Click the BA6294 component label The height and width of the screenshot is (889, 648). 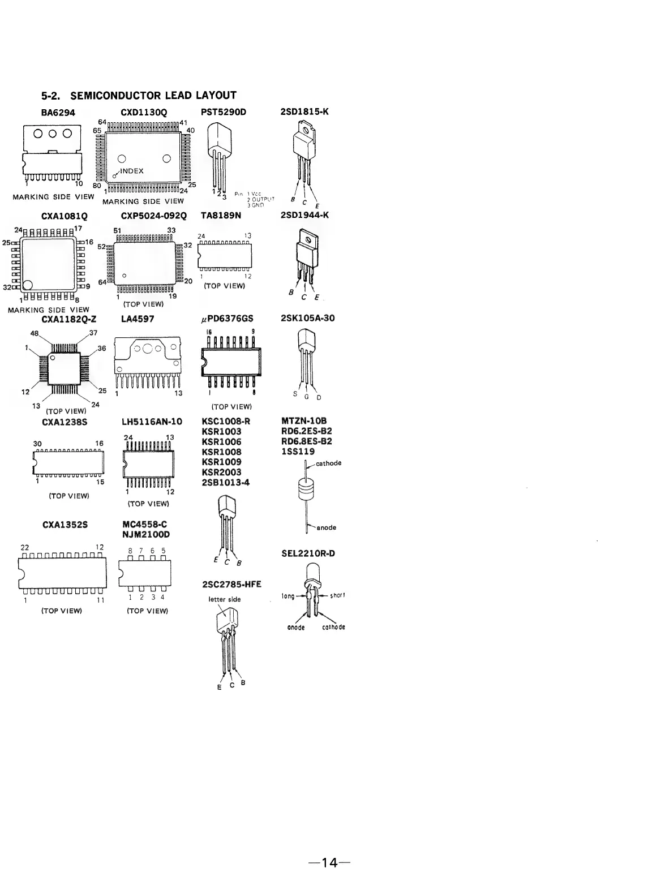(x=58, y=112)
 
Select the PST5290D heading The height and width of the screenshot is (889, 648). (x=224, y=111)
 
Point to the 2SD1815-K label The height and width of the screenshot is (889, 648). (x=304, y=111)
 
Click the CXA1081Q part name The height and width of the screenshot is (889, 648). (x=65, y=216)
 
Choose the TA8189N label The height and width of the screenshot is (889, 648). (x=221, y=216)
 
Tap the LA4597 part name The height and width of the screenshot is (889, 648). (x=138, y=319)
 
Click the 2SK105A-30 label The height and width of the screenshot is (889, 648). (x=307, y=318)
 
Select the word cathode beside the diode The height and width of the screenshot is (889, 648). (x=328, y=463)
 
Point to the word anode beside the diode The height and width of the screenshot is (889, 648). (x=327, y=527)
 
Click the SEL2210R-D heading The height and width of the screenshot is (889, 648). (x=308, y=553)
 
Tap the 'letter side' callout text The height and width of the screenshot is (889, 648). (x=225, y=599)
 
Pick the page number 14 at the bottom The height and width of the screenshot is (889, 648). (x=329, y=863)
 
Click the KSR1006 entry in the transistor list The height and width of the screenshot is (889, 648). (x=222, y=441)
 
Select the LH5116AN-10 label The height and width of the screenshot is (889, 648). (x=152, y=422)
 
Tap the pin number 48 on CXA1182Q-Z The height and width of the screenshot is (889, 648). (x=34, y=333)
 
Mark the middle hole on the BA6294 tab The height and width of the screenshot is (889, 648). (x=52, y=134)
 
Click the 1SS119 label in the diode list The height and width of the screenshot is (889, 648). (x=298, y=452)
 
